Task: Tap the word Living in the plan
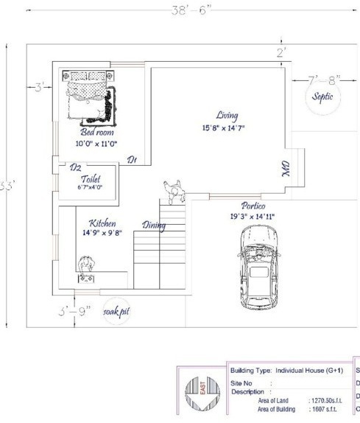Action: pos(227,116)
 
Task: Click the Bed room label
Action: pos(91,132)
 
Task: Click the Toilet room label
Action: pos(91,178)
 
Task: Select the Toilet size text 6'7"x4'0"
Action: pos(90,188)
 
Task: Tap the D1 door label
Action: pos(132,159)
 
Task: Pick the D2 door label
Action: pos(75,168)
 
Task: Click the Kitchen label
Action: pos(102,223)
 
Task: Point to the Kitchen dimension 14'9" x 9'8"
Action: pos(102,233)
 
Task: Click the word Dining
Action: pos(153,226)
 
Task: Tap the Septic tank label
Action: pos(322,97)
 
